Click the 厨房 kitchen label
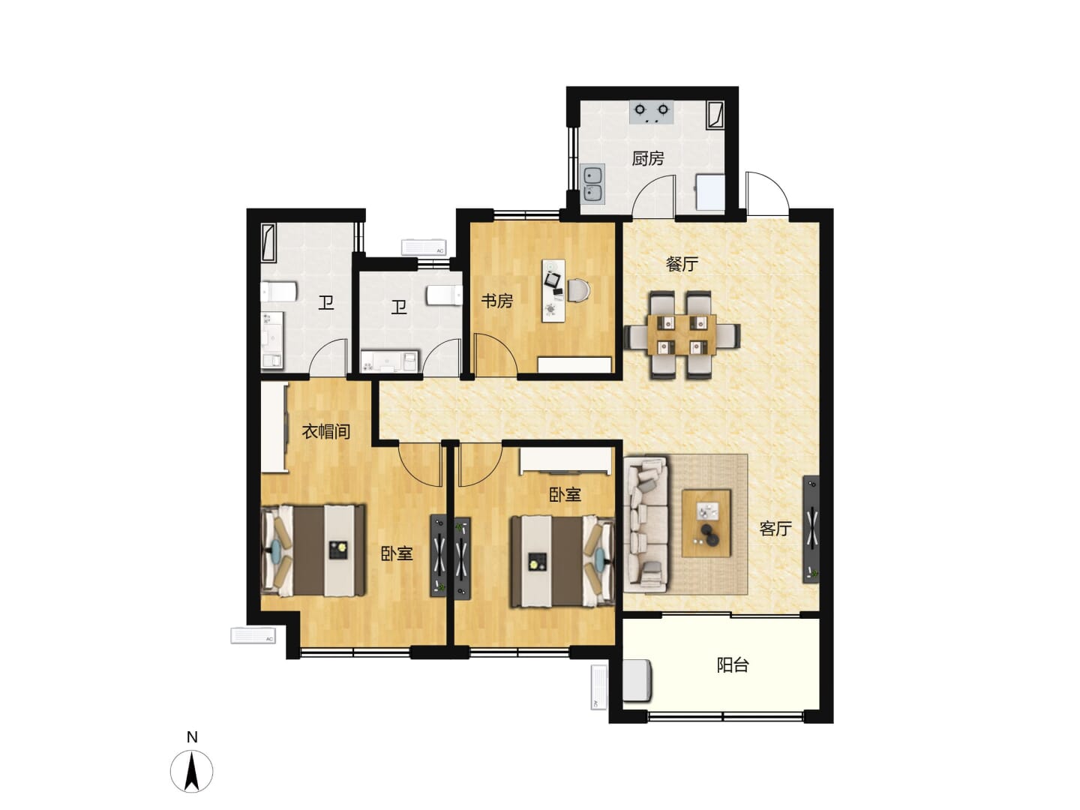pos(647,158)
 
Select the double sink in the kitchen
pos(592,184)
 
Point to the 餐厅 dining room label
pos(682,264)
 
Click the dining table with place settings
pos(682,335)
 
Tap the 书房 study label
pos(497,301)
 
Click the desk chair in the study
pos(579,290)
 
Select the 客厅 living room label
pos(775,529)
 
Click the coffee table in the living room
pos(706,523)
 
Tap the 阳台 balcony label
pos(733,665)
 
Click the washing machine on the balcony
pos(637,681)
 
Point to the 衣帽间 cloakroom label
pos(325,432)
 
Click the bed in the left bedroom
pos(313,550)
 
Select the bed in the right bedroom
pos(562,560)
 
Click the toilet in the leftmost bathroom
pos(278,292)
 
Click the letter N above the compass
pos(192,737)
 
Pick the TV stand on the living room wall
pos(811,529)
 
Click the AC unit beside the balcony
pos(598,687)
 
